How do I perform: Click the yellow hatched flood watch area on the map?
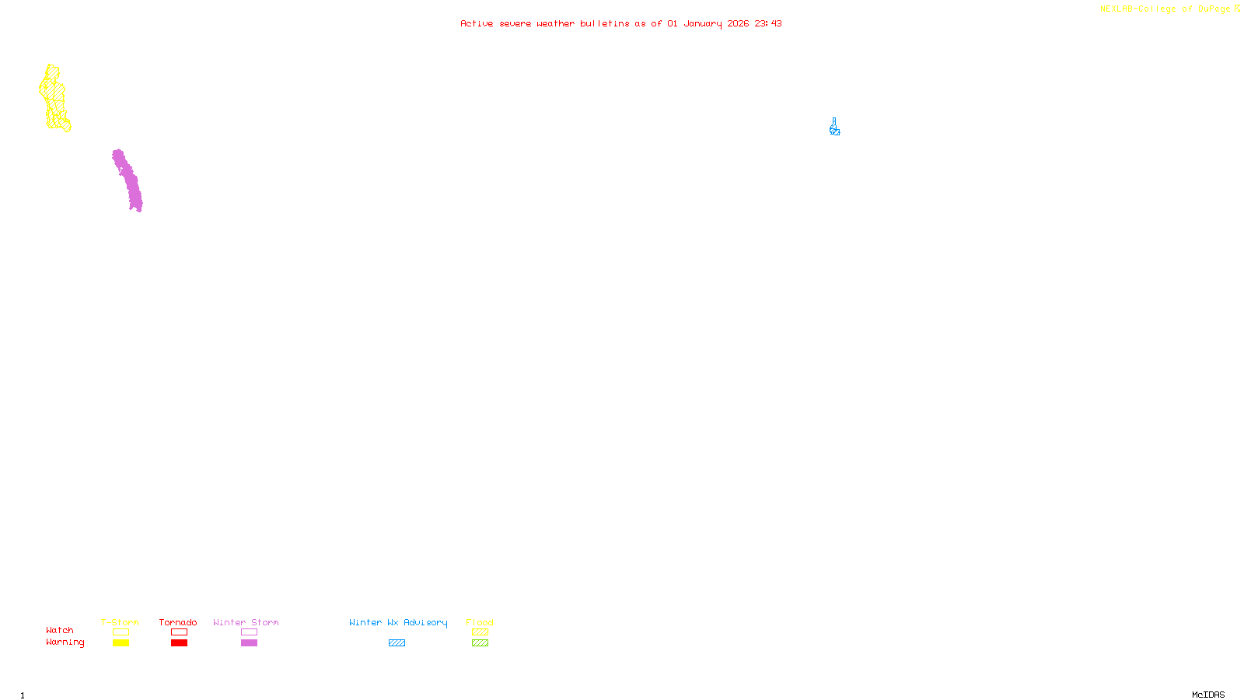point(54,97)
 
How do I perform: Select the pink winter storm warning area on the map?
point(128,180)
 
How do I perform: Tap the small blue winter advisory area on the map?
point(834,128)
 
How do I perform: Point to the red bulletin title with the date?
point(620,23)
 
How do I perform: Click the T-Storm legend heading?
point(120,622)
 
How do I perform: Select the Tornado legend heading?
point(178,622)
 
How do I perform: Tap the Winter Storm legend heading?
point(246,622)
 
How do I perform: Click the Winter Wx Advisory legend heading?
point(398,622)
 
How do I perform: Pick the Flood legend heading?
point(480,622)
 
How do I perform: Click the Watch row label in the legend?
point(60,630)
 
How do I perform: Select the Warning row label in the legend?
point(65,642)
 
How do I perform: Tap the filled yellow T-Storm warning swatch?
point(121,643)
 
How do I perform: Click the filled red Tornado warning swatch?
point(179,643)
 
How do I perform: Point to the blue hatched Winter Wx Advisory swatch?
point(397,643)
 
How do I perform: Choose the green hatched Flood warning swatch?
point(480,643)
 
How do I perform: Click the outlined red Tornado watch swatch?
point(179,632)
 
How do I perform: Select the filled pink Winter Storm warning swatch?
point(249,643)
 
